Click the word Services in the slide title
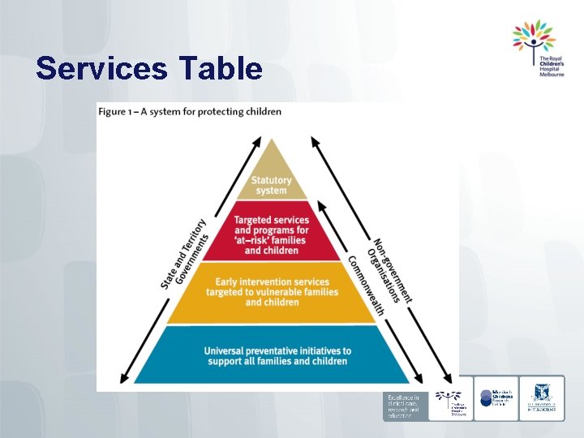tap(100, 68)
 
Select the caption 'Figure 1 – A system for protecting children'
tap(190, 111)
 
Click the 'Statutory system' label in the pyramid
tap(271, 185)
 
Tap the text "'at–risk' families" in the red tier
tap(271, 240)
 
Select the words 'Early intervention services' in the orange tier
tap(271, 281)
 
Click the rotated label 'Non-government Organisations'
tap(391, 270)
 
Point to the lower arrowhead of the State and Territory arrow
tap(125, 379)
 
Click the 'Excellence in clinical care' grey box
tap(403, 406)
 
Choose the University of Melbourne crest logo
tap(541, 397)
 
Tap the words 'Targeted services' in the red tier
tap(271, 220)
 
